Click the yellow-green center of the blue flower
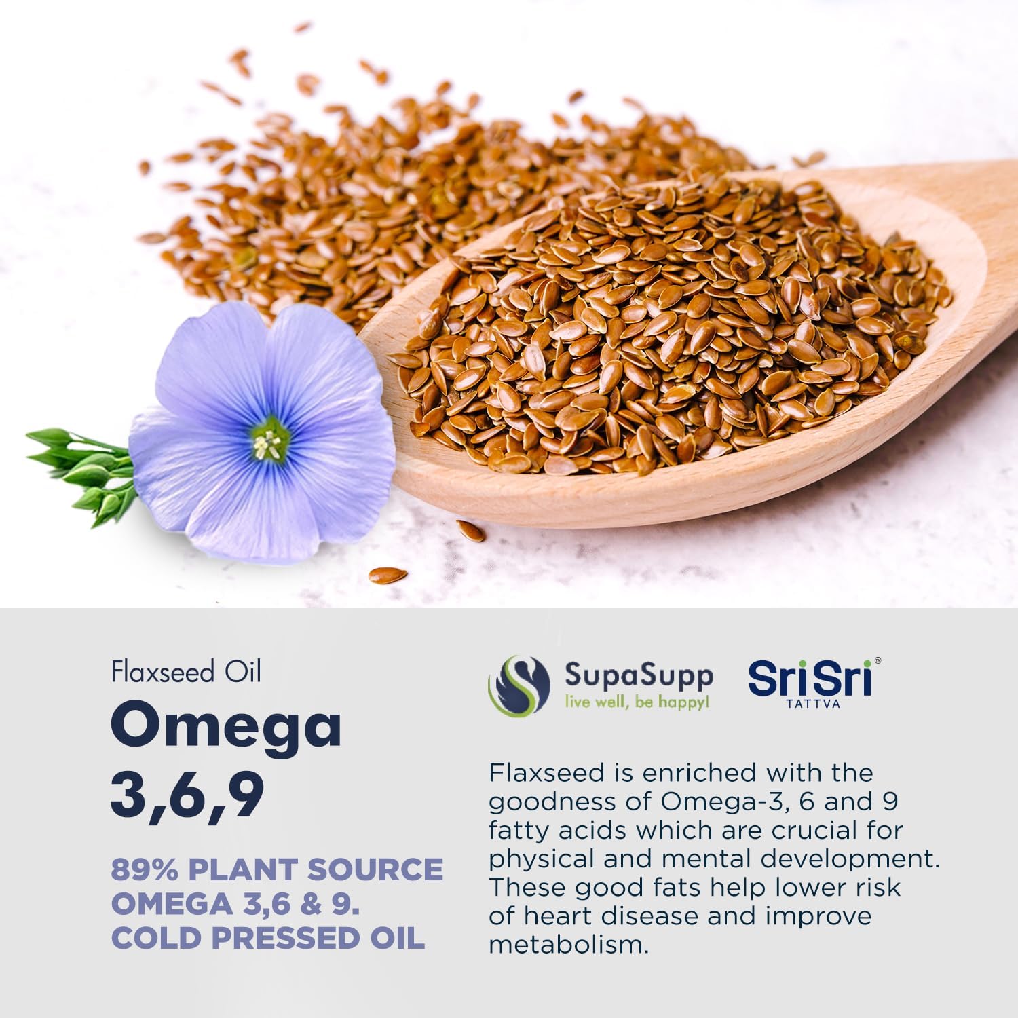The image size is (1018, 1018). pyautogui.click(x=269, y=441)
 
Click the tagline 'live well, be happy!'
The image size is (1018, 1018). pyautogui.click(x=637, y=702)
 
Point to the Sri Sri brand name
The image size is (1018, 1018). pyautogui.click(x=810, y=679)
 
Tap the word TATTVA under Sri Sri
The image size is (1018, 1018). pyautogui.click(x=813, y=704)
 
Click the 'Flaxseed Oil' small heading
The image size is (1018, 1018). pyautogui.click(x=186, y=672)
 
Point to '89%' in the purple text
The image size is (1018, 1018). pyautogui.click(x=145, y=870)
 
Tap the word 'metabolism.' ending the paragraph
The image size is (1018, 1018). pyautogui.click(x=569, y=945)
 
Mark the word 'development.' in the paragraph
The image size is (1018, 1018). pyautogui.click(x=850, y=859)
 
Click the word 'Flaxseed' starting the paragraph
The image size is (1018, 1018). pyautogui.click(x=547, y=773)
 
